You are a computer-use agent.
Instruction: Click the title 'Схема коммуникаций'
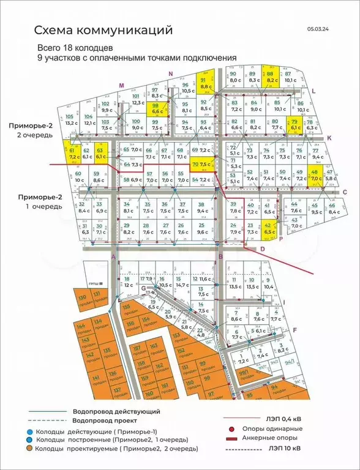[x=103, y=30]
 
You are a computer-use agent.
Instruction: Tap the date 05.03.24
[x=318, y=28]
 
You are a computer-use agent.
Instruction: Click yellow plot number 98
[x=157, y=108]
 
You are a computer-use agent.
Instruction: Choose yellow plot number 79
[x=294, y=126]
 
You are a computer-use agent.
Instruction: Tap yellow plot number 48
[x=316, y=176]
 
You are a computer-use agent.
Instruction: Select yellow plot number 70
[x=203, y=165]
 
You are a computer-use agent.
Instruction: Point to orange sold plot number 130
[x=83, y=300]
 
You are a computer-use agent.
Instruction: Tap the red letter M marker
[x=121, y=85]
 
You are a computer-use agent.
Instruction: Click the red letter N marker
[x=171, y=74]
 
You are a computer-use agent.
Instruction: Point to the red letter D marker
[x=262, y=249]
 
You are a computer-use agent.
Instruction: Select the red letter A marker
[x=113, y=258]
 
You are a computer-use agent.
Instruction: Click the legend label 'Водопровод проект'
[x=105, y=421]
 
